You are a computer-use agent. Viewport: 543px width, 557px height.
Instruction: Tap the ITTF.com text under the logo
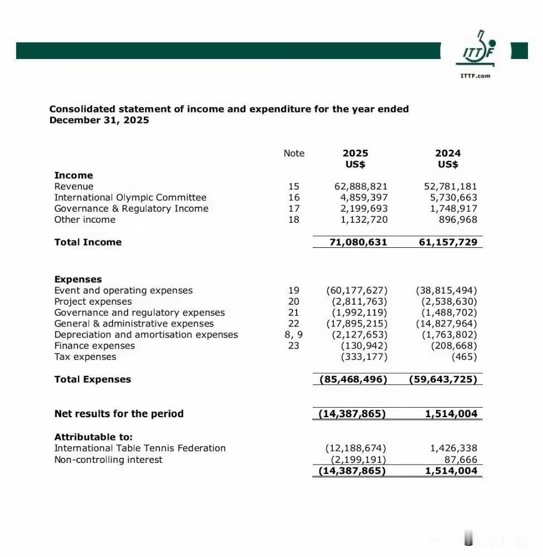point(476,76)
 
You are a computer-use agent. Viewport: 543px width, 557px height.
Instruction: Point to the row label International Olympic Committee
point(130,198)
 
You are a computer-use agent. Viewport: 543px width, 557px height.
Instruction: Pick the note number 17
point(294,209)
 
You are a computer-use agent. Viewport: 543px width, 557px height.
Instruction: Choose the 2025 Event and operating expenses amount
point(357,291)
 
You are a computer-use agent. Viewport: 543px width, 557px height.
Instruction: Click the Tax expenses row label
point(85,357)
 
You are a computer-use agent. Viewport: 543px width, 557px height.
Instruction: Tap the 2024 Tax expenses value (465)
point(464,357)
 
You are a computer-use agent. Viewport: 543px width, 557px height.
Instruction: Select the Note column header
point(294,153)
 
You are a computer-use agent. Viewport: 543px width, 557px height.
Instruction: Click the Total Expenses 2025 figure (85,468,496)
point(353,380)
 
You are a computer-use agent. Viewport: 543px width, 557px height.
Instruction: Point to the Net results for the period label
point(119,414)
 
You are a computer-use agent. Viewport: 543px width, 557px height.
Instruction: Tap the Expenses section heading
point(78,280)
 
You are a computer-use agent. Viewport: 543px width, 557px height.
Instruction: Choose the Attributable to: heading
point(93,437)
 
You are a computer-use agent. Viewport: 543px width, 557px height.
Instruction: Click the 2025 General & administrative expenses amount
point(357,324)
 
